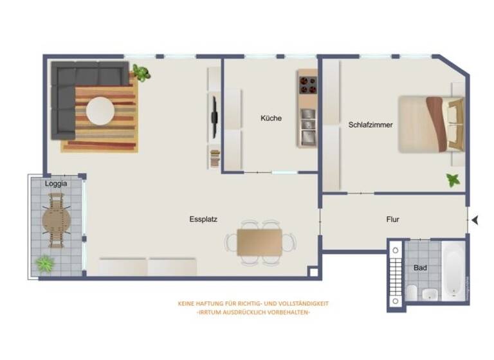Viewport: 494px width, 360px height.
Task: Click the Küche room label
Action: click(x=271, y=118)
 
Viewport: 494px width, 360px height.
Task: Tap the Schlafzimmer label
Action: click(x=370, y=125)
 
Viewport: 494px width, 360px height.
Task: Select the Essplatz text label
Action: click(x=203, y=219)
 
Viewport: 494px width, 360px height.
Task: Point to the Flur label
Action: click(x=392, y=219)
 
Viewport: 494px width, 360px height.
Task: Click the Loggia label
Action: click(x=55, y=183)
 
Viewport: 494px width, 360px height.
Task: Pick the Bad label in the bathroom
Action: click(x=420, y=267)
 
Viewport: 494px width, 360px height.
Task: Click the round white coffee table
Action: click(x=100, y=111)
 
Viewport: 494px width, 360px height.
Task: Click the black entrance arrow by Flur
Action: click(x=475, y=220)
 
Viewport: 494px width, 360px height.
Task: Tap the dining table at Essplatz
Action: click(x=259, y=242)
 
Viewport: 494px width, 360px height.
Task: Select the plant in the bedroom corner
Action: click(x=454, y=180)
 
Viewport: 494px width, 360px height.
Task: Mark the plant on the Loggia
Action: click(x=44, y=263)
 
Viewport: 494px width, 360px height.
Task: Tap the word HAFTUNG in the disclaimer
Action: click(x=211, y=303)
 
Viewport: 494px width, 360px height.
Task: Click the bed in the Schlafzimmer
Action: click(x=430, y=124)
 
